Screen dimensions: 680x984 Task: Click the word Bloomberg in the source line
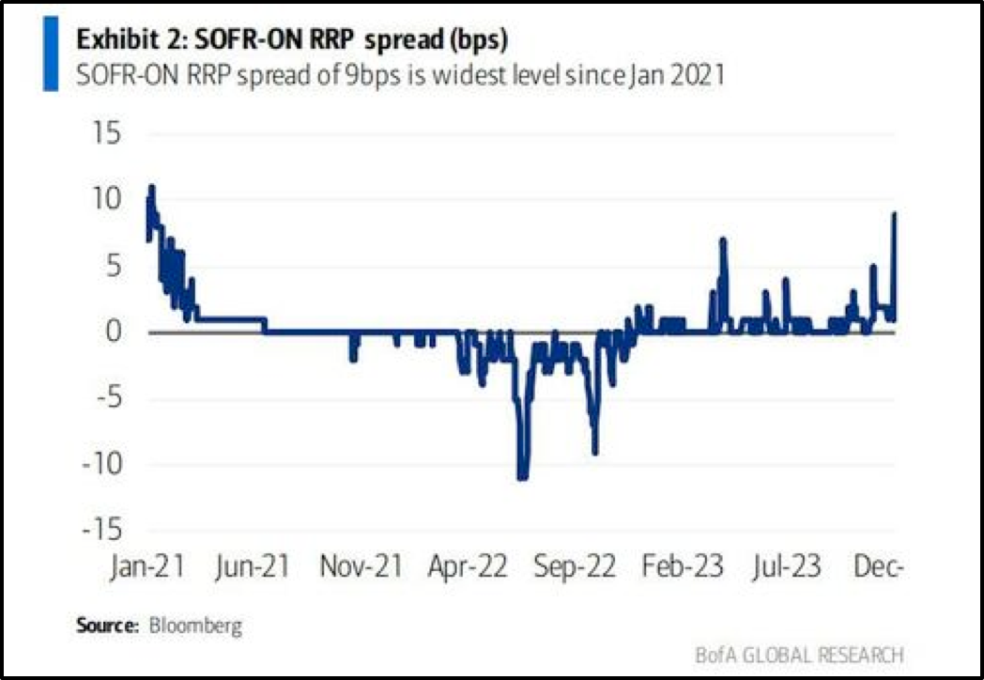click(195, 626)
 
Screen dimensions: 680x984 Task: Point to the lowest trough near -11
click(522, 477)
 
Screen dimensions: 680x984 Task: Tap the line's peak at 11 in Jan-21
click(151, 187)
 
